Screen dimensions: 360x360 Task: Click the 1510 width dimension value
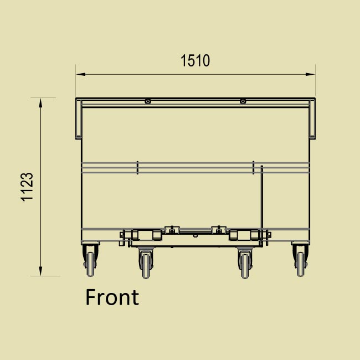[x=196, y=60]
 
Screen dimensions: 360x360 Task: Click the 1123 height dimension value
[x=27, y=187]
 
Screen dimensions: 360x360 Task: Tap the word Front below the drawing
[x=112, y=297]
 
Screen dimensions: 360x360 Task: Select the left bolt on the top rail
[x=148, y=101]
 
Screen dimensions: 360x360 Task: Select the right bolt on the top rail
[x=243, y=101]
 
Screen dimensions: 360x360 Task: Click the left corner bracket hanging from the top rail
[x=79, y=119]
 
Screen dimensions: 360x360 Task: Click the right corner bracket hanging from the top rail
[x=312, y=119]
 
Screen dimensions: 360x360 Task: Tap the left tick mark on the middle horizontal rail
[x=137, y=167]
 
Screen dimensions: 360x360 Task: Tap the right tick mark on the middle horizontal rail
[x=253, y=167]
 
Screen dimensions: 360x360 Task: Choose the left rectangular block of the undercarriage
[x=145, y=235]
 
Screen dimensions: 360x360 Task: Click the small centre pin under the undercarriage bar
[x=195, y=234]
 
